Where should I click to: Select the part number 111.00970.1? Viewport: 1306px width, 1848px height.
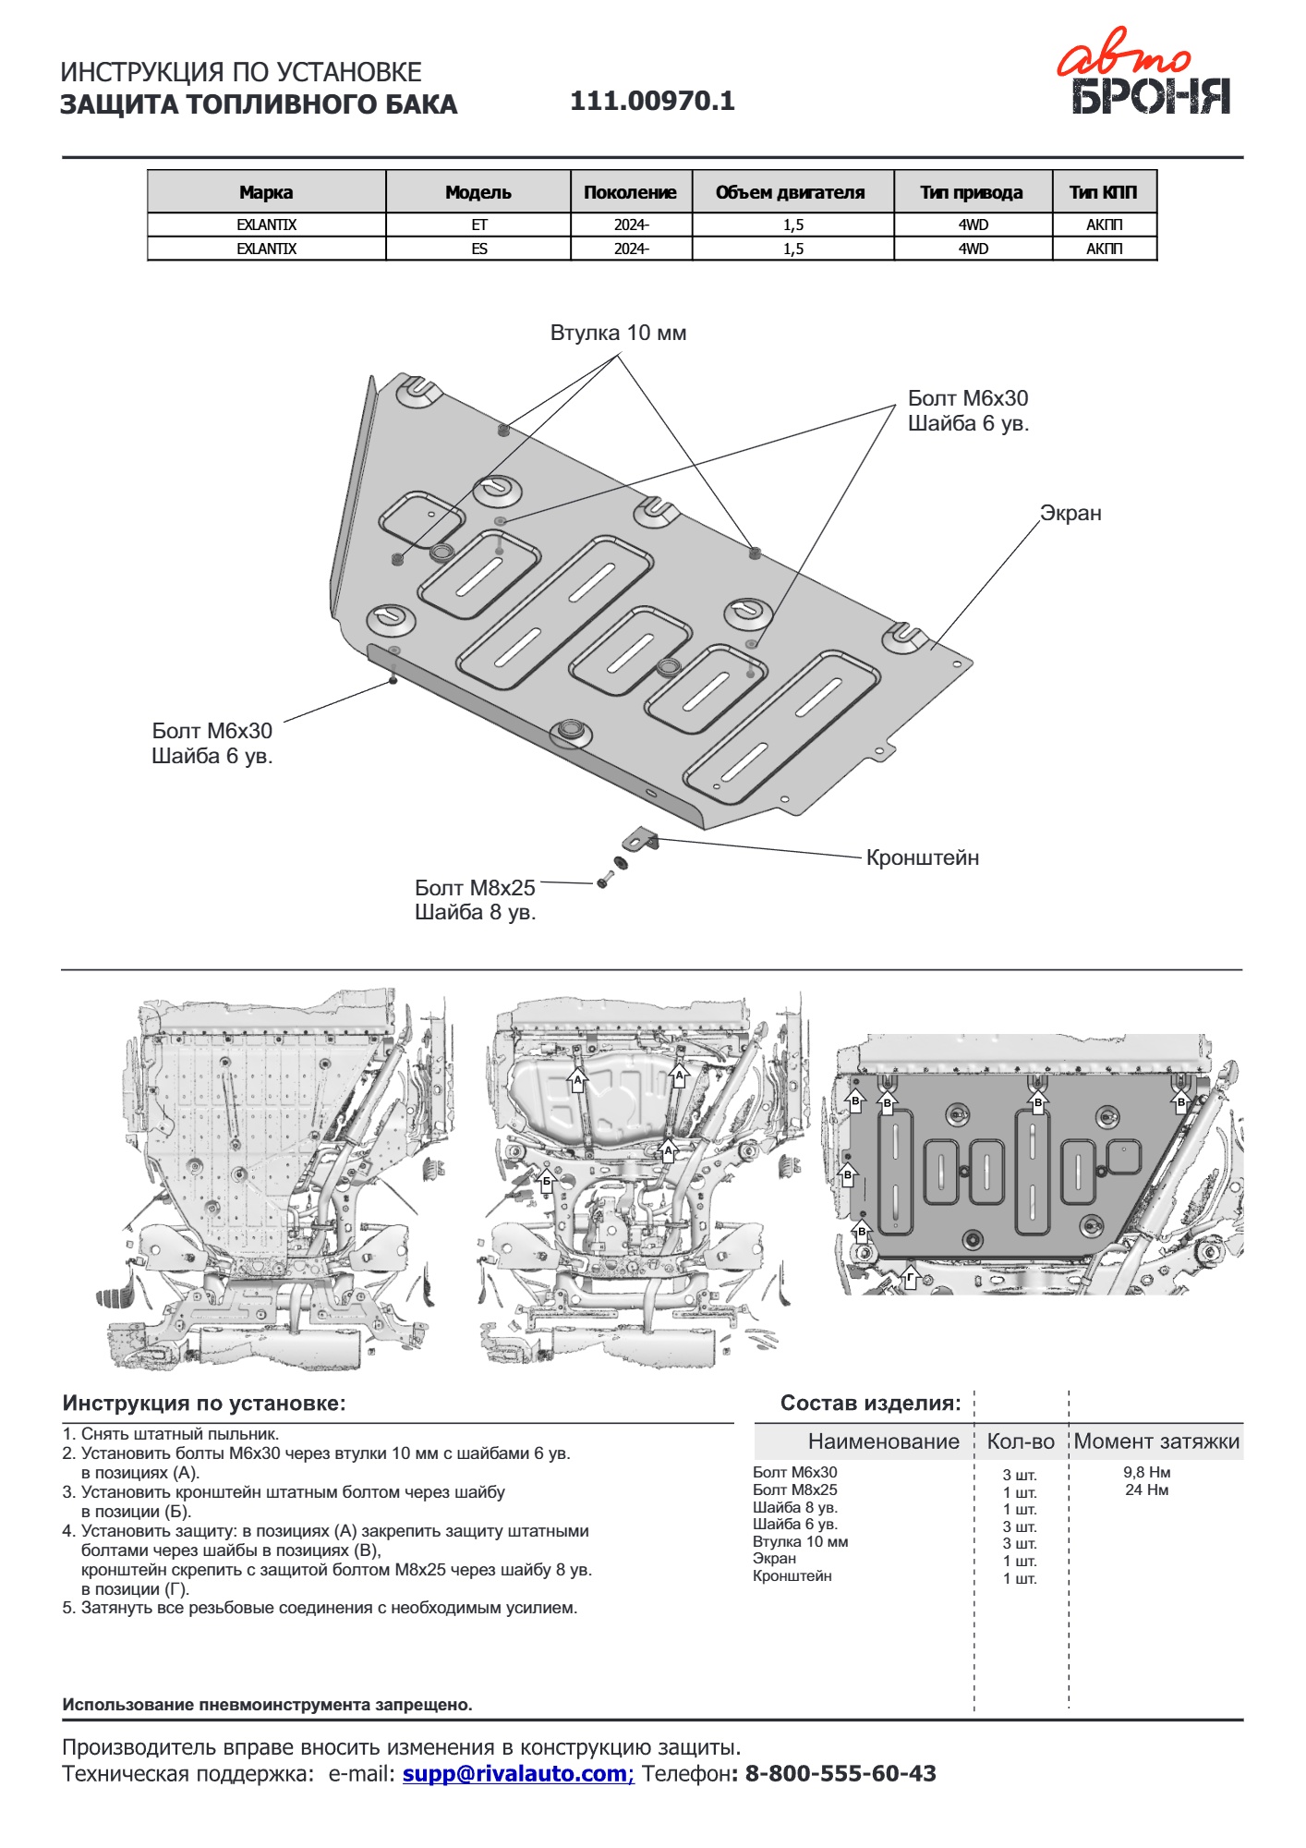point(652,101)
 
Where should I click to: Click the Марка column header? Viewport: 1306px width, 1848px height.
point(266,192)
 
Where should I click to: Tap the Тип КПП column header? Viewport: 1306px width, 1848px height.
point(1104,192)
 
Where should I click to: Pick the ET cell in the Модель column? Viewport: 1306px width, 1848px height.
point(478,225)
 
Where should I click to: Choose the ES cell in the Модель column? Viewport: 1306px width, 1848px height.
point(478,249)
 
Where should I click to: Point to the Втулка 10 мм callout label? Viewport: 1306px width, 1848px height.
point(618,333)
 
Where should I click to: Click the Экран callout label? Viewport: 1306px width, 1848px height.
point(1070,513)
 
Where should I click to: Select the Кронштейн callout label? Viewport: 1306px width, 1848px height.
point(922,857)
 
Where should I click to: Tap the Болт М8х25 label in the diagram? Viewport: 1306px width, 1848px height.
point(475,888)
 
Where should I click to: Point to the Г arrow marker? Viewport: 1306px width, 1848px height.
point(911,1278)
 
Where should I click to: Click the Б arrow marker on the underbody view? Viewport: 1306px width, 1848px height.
point(546,1180)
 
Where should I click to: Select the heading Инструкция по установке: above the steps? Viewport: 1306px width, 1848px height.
point(204,1403)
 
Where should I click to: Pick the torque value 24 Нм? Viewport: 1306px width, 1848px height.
point(1146,1489)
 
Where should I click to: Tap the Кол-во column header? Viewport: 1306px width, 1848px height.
point(1020,1441)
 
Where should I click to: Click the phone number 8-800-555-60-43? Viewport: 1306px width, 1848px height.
point(840,1773)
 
